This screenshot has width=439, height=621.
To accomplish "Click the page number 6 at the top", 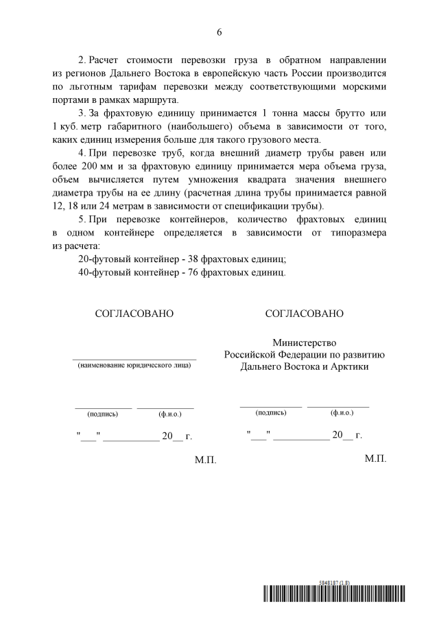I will click(x=219, y=32).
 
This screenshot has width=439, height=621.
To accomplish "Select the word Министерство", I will click(x=305, y=342).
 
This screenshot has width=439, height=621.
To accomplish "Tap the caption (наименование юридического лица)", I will click(x=134, y=366).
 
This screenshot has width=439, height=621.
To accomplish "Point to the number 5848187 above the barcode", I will click(x=332, y=582).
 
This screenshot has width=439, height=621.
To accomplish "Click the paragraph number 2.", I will click(x=82, y=61).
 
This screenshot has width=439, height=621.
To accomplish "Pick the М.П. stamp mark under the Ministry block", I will click(x=376, y=458).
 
